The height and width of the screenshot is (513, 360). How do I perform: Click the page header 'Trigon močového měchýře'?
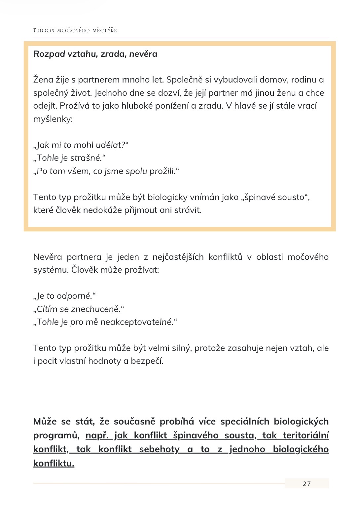pyautogui.click(x=75, y=30)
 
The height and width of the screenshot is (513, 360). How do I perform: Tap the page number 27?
pyautogui.click(x=306, y=484)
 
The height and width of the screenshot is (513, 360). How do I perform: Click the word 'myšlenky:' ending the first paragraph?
pyautogui.click(x=53, y=119)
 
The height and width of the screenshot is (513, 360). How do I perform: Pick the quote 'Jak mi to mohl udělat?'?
pyautogui.click(x=81, y=145)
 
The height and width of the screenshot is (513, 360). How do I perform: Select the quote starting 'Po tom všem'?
pyautogui.click(x=106, y=171)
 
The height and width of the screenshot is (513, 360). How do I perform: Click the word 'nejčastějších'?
pyautogui.click(x=178, y=257)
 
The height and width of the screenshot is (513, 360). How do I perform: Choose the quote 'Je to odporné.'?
pyautogui.click(x=64, y=296)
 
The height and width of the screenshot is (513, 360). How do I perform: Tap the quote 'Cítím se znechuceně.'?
pyautogui.click(x=79, y=309)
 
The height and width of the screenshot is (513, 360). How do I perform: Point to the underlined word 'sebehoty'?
pyautogui.click(x=159, y=449)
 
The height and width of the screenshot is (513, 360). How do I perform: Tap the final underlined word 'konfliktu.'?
pyautogui.click(x=54, y=463)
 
